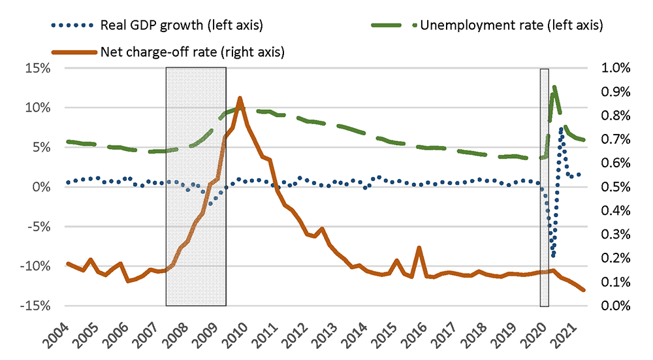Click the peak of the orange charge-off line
coord(240,98)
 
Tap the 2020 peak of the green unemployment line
coord(554,87)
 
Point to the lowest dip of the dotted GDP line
coord(553,255)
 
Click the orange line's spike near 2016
coord(419,248)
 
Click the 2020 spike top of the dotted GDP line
coord(561,129)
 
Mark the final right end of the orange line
coord(584,290)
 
